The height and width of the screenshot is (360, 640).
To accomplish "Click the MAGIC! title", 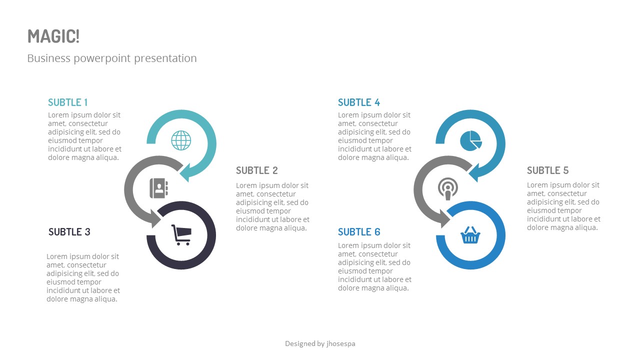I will [53, 36].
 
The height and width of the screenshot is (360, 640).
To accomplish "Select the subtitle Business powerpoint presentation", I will [112, 58].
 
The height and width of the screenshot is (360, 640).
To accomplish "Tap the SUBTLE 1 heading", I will [68, 102].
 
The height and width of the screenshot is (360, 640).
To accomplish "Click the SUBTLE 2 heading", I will [257, 170].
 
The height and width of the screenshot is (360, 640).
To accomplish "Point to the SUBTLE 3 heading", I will [69, 232].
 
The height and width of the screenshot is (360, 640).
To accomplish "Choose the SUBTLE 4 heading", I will [359, 102].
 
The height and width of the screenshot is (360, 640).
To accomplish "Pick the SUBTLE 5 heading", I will [548, 170].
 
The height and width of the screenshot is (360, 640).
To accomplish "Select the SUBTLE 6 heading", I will [359, 232].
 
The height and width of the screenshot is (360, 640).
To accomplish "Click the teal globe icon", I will [181, 140].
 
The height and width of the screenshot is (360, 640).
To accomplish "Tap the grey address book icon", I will [159, 188].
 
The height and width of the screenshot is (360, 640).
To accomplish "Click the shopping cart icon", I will [181, 235].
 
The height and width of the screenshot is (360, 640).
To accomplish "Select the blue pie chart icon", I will [470, 140].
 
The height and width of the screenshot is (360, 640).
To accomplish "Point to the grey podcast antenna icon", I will [447, 188].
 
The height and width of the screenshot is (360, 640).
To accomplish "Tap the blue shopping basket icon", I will [470, 235].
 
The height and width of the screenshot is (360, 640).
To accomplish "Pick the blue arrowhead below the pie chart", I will [475, 172].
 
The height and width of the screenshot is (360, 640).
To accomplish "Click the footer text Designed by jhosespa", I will [320, 343].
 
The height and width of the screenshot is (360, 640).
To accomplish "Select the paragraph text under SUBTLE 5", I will [563, 206].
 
